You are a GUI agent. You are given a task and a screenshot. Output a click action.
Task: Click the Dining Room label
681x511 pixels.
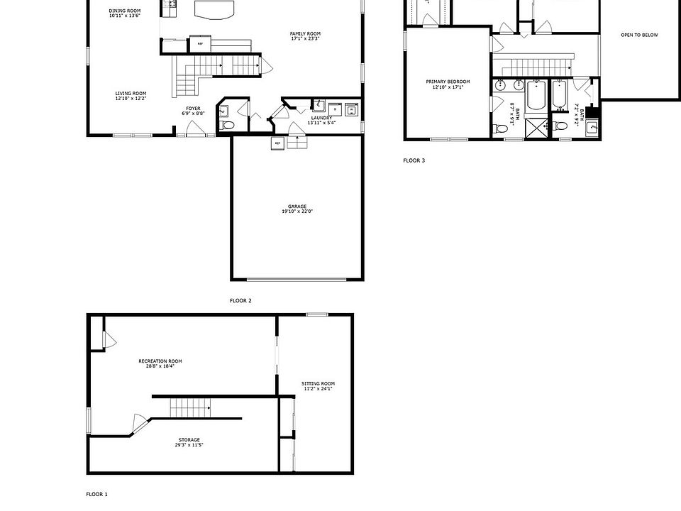[x=125, y=11]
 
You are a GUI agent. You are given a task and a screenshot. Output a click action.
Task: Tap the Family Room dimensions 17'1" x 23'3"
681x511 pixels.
[x=306, y=38]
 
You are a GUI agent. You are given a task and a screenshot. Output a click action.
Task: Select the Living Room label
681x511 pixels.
[x=131, y=93]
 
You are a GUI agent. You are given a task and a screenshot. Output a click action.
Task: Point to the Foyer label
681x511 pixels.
[x=193, y=108]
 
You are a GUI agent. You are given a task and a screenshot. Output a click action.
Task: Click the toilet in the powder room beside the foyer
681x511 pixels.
[x=227, y=125]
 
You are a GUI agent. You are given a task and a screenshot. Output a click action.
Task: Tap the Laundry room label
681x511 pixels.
[x=321, y=118]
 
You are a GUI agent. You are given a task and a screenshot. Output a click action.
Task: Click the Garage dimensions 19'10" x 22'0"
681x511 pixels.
[x=297, y=211]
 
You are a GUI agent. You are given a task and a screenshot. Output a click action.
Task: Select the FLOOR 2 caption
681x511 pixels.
[x=240, y=300]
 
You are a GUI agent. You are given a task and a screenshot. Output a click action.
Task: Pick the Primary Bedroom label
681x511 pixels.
[x=448, y=82]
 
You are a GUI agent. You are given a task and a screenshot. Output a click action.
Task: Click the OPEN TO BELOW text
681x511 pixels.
[x=639, y=35]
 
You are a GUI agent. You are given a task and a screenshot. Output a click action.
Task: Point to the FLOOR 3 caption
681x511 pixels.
[x=414, y=160]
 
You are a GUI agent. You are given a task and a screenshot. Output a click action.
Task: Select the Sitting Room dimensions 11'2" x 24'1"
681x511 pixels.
[x=319, y=388]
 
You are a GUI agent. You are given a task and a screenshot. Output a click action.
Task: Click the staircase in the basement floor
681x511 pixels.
[x=190, y=408]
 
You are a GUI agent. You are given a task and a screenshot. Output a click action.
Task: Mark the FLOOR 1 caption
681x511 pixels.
[x=97, y=493]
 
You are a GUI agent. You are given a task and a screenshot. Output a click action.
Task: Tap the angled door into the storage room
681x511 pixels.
[x=140, y=424]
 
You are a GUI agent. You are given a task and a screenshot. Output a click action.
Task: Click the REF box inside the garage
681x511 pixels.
[x=277, y=143]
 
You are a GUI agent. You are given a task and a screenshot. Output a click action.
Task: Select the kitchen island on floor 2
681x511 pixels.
[x=214, y=9]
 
